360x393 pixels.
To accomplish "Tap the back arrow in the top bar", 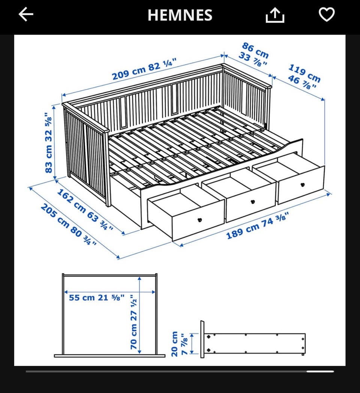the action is pos(26,14).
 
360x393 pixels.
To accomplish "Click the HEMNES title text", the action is pos(180,15).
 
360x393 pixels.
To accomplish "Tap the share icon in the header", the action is pos(275,15).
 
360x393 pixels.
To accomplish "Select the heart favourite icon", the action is pos(327,14).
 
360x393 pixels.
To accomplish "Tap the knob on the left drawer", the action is pos(200,220).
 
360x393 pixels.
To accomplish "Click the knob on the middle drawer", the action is pos(253,202).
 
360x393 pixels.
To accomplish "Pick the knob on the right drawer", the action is pos(303,185).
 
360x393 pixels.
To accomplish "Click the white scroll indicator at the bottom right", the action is pos(320,371).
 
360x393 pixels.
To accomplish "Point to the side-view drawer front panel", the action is pos(202,339).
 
